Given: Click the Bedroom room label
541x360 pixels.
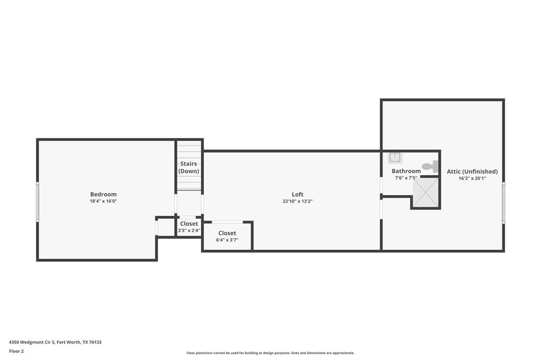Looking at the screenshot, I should coord(103,194).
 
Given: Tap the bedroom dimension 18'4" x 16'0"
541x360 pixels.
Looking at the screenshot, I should coord(103,201).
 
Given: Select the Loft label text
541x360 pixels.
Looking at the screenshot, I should coord(297,194).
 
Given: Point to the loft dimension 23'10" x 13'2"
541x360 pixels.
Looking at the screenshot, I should coord(297,201).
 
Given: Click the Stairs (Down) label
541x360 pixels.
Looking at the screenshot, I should coord(189,167).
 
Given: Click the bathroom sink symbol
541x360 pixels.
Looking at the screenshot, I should coord(395,158).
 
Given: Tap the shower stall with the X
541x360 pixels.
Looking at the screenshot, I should coord(425,193).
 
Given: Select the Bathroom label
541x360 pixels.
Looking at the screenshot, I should coord(406,171).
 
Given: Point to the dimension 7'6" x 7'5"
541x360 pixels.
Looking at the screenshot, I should coord(406,178).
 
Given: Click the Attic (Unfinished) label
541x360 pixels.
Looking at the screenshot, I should coord(472,172).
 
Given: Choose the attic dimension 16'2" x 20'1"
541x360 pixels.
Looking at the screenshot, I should coord(472,178).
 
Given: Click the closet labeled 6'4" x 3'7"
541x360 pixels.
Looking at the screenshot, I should coord(227,236).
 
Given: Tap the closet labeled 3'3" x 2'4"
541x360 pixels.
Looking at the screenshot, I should coord(189,227).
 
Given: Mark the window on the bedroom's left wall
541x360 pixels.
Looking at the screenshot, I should coord(38,201).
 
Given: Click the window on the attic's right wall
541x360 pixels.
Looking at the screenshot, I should coord(503,203).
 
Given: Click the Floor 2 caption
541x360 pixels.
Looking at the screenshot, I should coord(16,351).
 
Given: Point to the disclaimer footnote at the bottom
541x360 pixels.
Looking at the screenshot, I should coord(270,353).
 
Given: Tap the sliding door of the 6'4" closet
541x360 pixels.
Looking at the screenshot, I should coord(227,222).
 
